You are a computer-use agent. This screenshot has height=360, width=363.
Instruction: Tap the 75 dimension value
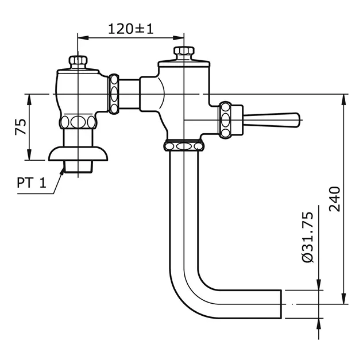pyautogui.click(x=18, y=127)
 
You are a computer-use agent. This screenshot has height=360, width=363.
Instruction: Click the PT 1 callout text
pyautogui.click(x=31, y=184)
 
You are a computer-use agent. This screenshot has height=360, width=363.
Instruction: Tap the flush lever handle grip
pyautogui.click(x=273, y=119)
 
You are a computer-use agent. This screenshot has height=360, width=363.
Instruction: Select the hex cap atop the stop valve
pyautogui.click(x=77, y=61)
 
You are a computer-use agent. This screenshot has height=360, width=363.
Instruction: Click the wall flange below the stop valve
pyautogui.click(x=77, y=154)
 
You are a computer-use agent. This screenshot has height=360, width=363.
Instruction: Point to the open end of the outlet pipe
pyautogui.click(x=281, y=304)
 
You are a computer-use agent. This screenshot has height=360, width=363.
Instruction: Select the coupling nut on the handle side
pyautogui.click(x=225, y=119)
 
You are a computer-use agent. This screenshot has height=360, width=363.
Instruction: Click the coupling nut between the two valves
pyautogui.click(x=115, y=93)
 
